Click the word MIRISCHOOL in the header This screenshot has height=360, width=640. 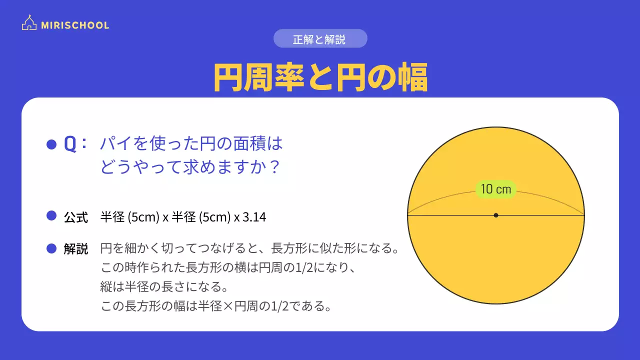[75, 25]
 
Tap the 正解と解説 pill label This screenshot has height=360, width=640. [320, 39]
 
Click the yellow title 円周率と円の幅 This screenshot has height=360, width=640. [320, 77]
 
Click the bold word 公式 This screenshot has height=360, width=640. [76, 217]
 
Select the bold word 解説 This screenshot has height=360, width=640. [76, 248]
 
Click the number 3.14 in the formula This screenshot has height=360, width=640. [254, 217]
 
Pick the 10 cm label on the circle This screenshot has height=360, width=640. [495, 189]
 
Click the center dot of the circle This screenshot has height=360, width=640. [495, 215]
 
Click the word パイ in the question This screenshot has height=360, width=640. [111, 144]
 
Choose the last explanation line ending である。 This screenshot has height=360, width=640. [216, 305]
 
